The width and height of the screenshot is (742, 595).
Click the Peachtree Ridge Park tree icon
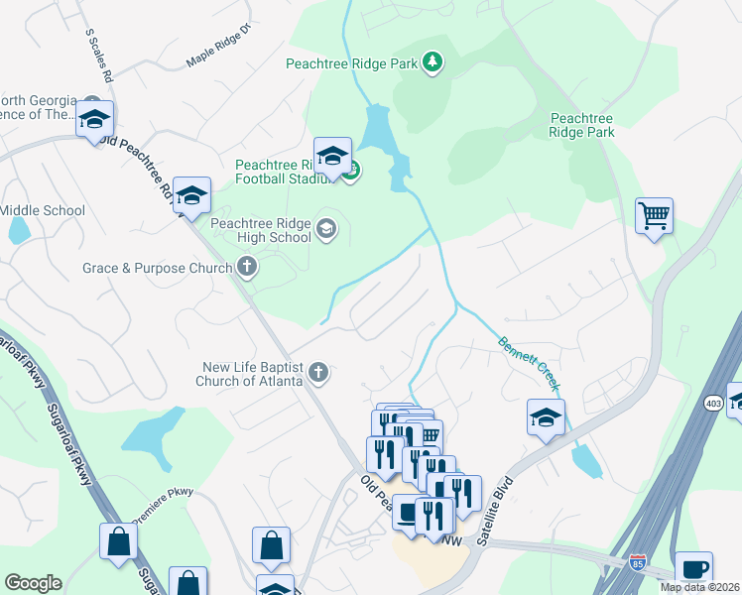432,63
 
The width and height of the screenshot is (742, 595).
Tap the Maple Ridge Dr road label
219,54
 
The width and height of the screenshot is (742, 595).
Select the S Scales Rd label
99,56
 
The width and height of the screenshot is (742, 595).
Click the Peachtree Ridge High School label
261,230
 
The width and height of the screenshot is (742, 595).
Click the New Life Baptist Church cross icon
317,373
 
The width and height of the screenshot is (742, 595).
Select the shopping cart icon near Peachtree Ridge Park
654,214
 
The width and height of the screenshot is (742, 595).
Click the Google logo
33,583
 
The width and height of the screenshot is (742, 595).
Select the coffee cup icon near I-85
693,569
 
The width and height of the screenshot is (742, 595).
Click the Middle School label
43,210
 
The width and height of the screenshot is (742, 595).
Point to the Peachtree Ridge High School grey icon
325,231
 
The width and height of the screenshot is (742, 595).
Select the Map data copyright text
700,587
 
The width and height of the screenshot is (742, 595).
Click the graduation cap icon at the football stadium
332,156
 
